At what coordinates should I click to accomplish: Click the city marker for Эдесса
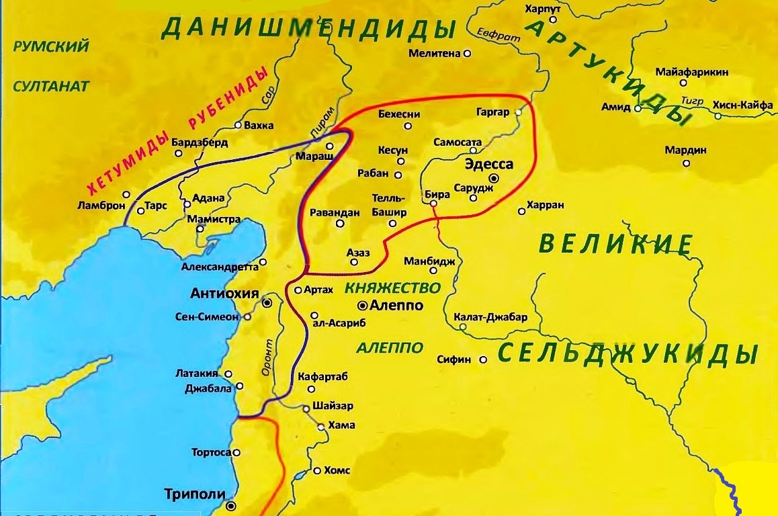click(494, 179)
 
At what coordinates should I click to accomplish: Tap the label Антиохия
click(224, 293)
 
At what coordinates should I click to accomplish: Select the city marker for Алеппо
click(363, 305)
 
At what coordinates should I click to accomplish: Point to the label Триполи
click(194, 494)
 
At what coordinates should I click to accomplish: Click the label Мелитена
click(434, 52)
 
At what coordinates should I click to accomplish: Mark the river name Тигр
click(691, 100)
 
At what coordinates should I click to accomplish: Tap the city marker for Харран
click(521, 212)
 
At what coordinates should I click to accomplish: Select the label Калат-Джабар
click(490, 317)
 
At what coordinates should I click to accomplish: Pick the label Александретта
click(219, 267)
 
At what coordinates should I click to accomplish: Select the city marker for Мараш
click(330, 146)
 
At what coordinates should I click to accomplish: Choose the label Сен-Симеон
click(207, 316)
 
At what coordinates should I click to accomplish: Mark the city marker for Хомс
click(316, 471)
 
